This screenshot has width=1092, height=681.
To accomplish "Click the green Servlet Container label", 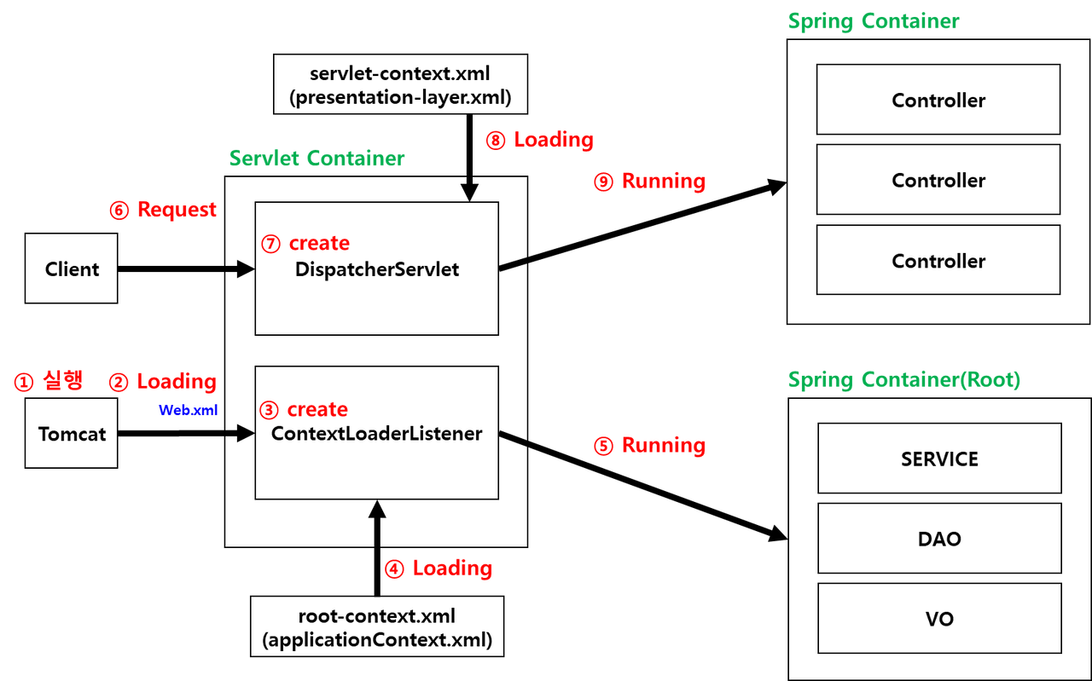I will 317,159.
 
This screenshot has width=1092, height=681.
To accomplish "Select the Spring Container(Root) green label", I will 903,380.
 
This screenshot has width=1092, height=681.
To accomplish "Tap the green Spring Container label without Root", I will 873,21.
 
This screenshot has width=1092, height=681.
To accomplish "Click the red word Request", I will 177,210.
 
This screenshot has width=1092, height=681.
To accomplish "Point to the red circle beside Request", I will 119,210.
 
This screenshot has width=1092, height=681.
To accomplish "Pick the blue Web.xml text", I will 189,411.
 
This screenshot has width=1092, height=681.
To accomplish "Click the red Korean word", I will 62,382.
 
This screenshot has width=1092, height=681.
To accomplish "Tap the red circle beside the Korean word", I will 24,383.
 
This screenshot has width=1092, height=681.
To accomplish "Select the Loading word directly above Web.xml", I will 177,382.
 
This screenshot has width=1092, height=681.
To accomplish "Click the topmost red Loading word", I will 554,140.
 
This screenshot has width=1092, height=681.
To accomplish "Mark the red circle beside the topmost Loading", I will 496,140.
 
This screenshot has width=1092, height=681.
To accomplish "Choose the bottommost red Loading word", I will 452,568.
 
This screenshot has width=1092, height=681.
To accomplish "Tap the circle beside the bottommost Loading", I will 394,568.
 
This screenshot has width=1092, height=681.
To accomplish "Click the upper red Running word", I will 664,182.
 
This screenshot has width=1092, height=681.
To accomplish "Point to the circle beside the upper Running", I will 603,182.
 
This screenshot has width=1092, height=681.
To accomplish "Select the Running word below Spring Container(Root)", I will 664,446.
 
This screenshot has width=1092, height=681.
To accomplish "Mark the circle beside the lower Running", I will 603,446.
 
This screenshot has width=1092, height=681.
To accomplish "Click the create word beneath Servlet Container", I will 319,244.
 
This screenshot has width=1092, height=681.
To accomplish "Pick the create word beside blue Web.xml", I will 317,410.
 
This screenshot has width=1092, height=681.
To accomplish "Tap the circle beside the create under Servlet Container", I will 270,244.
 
